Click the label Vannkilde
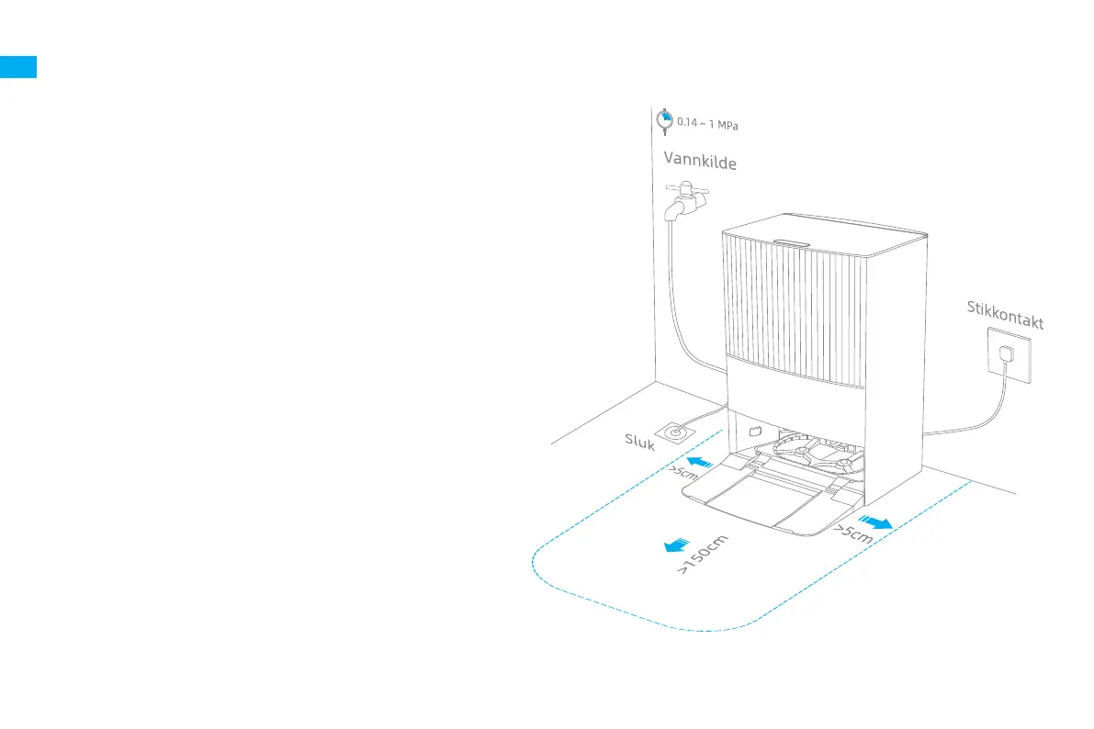700,162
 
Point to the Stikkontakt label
1005,314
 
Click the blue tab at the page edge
18,67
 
